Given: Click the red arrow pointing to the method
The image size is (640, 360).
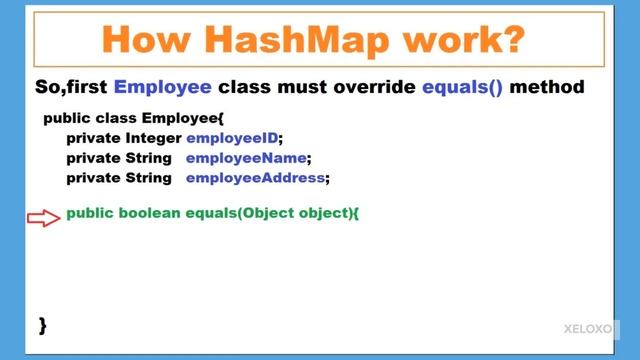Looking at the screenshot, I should click(44, 217).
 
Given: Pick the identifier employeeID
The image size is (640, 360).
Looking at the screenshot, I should click(234, 138).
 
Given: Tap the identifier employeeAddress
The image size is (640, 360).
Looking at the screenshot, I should click(257, 178).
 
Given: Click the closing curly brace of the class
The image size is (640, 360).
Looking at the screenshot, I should click(43, 324).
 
